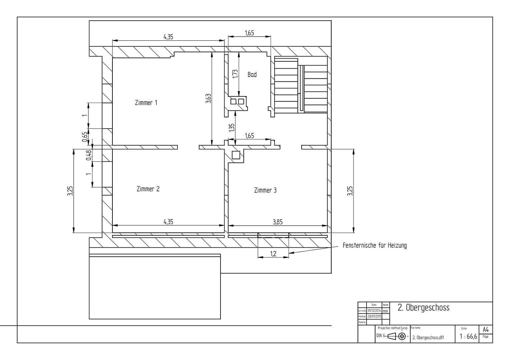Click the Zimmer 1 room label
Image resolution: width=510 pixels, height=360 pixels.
(146, 103)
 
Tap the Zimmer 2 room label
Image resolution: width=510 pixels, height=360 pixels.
(148, 189)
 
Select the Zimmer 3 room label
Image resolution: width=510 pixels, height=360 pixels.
(265, 190)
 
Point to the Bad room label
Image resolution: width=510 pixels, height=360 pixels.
(252, 75)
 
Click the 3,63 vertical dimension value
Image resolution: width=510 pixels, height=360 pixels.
(208, 98)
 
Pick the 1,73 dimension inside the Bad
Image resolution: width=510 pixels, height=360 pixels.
(235, 74)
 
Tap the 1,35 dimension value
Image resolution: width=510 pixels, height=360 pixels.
(232, 128)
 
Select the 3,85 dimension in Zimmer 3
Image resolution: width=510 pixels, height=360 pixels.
(278, 222)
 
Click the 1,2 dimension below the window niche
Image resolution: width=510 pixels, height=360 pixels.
(273, 254)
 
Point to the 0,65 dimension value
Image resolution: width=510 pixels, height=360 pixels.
(85, 137)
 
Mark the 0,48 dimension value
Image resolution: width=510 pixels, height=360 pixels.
(89, 155)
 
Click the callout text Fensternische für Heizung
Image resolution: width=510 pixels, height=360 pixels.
(375, 246)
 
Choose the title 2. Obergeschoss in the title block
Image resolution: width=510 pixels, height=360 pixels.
(423, 308)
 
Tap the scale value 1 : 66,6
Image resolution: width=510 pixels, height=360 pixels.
(468, 337)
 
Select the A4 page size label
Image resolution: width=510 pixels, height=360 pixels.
(486, 330)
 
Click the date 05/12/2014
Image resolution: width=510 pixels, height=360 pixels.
(374, 310)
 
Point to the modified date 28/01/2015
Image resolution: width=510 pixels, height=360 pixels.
(374, 316)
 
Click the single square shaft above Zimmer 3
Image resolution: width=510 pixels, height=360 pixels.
(236, 155)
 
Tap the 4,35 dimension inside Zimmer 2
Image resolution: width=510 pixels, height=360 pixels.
(168, 222)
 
